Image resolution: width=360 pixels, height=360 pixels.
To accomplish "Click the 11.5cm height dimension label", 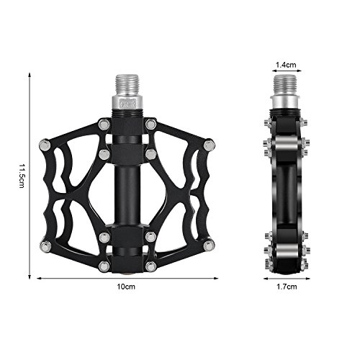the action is pos(22,176).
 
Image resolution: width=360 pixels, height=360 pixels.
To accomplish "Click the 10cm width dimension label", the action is pos(126,287).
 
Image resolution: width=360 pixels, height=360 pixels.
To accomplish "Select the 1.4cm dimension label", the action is pos(286,65).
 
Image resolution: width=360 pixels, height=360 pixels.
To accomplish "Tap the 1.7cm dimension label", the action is pos(287,287).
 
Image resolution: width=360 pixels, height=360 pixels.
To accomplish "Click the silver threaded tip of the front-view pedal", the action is pos(127,86).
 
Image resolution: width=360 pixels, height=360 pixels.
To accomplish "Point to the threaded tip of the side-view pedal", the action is pos(285,86).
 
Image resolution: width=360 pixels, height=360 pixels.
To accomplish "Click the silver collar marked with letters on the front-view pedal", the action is pos(127,104).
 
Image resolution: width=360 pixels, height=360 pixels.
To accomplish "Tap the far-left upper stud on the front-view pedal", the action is pos(45,145).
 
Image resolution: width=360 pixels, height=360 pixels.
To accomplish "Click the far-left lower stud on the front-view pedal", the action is pos(45,246).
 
